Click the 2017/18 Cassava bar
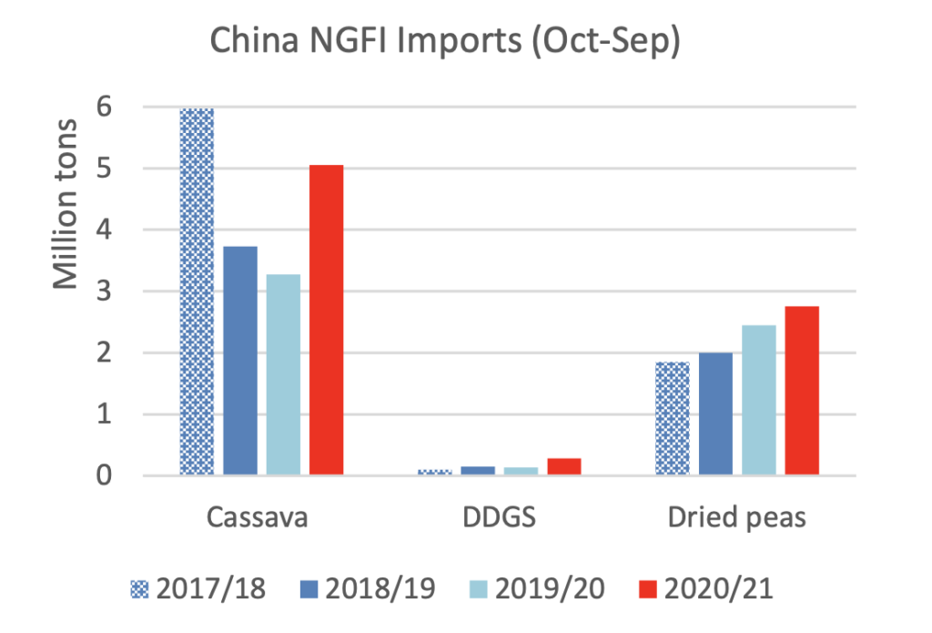(x=197, y=291)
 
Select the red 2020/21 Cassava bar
(x=326, y=320)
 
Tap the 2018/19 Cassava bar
(x=240, y=361)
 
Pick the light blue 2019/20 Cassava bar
(x=283, y=374)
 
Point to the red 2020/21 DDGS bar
(x=563, y=466)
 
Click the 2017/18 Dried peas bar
(x=673, y=418)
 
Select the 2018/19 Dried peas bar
(x=715, y=413)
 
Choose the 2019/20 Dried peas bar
(x=758, y=400)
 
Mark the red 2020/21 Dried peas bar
(x=802, y=391)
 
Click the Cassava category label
(x=257, y=518)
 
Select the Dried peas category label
(x=737, y=518)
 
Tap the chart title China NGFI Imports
(x=445, y=44)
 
